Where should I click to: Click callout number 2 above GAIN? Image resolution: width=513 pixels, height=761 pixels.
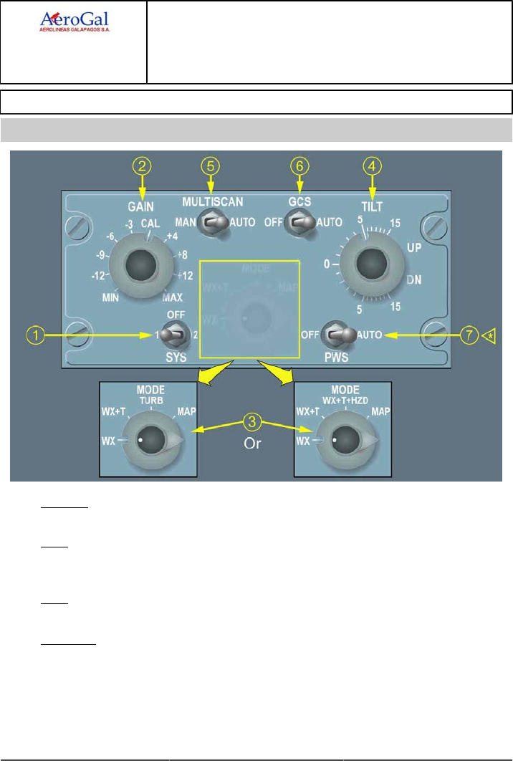[x=143, y=166]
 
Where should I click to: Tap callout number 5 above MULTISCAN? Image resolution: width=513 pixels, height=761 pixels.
[x=209, y=166]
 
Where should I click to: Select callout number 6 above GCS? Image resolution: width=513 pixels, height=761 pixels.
[x=300, y=166]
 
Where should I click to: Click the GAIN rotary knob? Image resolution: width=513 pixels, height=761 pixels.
[x=139, y=266]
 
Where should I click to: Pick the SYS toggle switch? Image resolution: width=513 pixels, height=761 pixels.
[x=171, y=334]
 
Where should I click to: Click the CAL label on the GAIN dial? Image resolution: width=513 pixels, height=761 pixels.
[x=150, y=224]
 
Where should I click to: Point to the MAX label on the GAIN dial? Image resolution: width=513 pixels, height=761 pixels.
[x=173, y=297]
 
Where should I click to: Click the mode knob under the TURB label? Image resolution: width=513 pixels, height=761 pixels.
[x=151, y=439]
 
